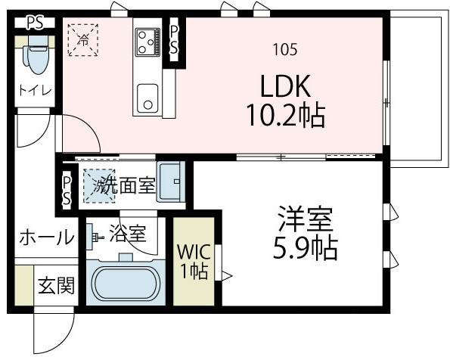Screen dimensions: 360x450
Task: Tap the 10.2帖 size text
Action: click(x=285, y=116)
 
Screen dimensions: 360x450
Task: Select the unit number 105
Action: click(x=285, y=50)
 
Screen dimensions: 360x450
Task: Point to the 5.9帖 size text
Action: click(x=304, y=247)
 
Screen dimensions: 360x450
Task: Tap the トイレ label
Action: click(x=36, y=91)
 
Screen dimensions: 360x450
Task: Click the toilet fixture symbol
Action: click(x=36, y=54)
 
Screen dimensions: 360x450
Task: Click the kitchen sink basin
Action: click(x=147, y=97)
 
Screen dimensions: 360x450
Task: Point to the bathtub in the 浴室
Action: click(x=125, y=283)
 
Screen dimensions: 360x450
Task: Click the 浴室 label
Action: click(x=127, y=233)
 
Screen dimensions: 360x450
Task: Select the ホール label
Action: click(x=46, y=237)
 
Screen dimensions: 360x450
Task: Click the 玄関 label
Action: click(x=55, y=286)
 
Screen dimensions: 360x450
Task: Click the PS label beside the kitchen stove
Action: click(x=174, y=39)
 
